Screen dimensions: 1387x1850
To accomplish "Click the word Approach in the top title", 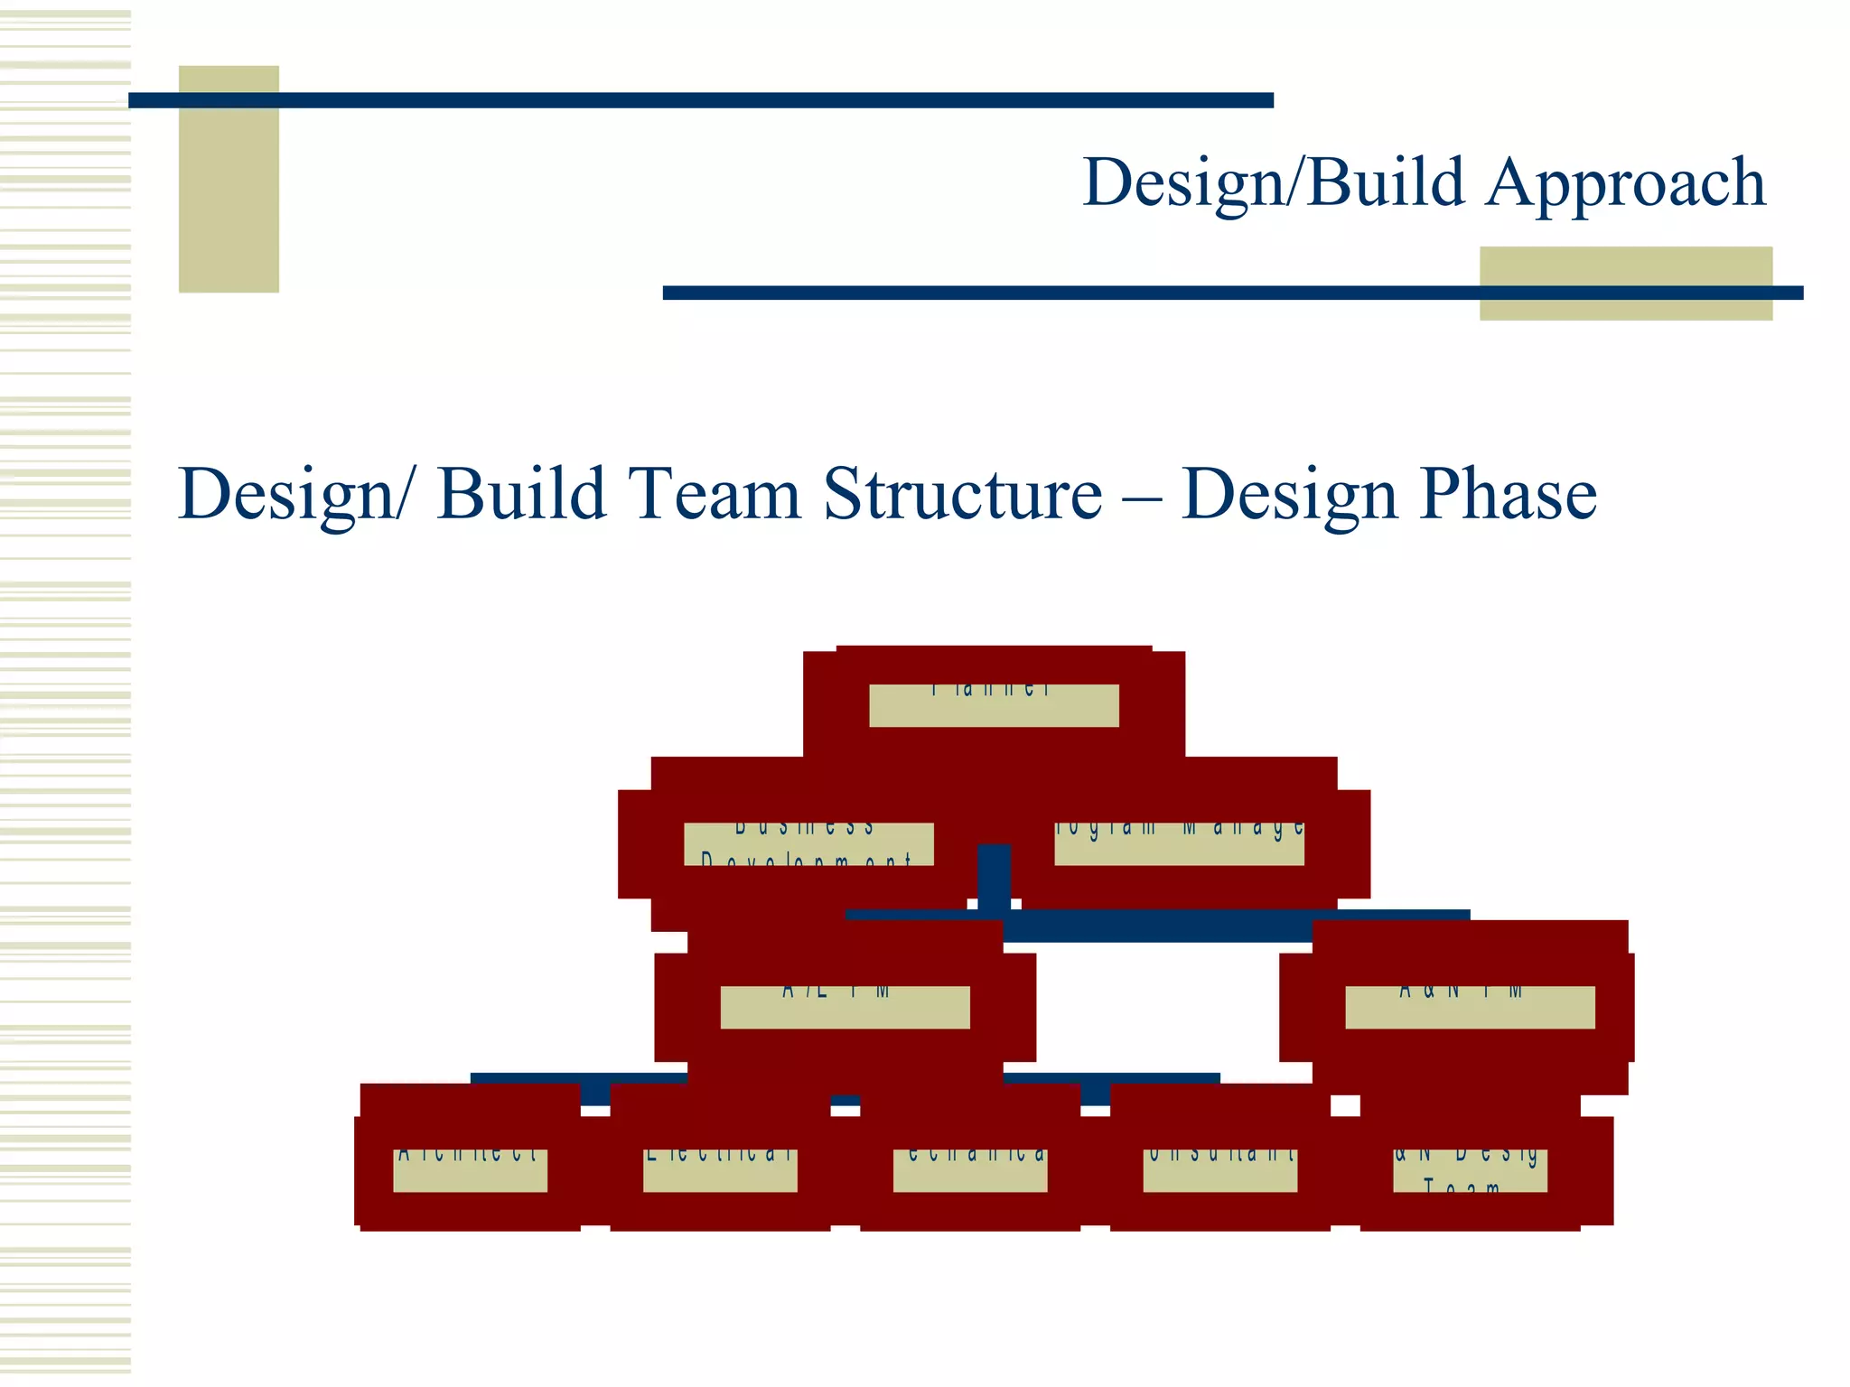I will pyautogui.click(x=1625, y=183).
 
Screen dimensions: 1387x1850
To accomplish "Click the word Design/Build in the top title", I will pyautogui.click(x=1273, y=183).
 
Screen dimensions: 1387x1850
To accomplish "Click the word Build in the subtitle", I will pyautogui.click(x=520, y=494).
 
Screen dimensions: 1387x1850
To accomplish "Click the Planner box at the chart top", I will pyautogui.click(x=994, y=704).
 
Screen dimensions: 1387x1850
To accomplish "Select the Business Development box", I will pyautogui.click(x=808, y=843).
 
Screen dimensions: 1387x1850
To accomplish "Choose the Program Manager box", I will pyautogui.click(x=1179, y=843).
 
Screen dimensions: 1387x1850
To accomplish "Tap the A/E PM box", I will pyautogui.click(x=845, y=1007).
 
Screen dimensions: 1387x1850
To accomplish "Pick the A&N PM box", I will pyautogui.click(x=1470, y=1007).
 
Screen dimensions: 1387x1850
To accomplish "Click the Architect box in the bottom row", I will pyautogui.click(x=470, y=1170).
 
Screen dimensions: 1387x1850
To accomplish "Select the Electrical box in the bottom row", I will pyautogui.click(x=720, y=1170).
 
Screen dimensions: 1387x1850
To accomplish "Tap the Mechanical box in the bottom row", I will pyautogui.click(x=970, y=1170).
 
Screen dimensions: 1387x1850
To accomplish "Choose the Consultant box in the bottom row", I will pyautogui.click(x=1219, y=1170).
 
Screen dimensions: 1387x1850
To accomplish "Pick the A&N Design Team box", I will pyautogui.click(x=1470, y=1170).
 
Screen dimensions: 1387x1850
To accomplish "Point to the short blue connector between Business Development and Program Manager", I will pyautogui.click(x=994, y=876).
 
